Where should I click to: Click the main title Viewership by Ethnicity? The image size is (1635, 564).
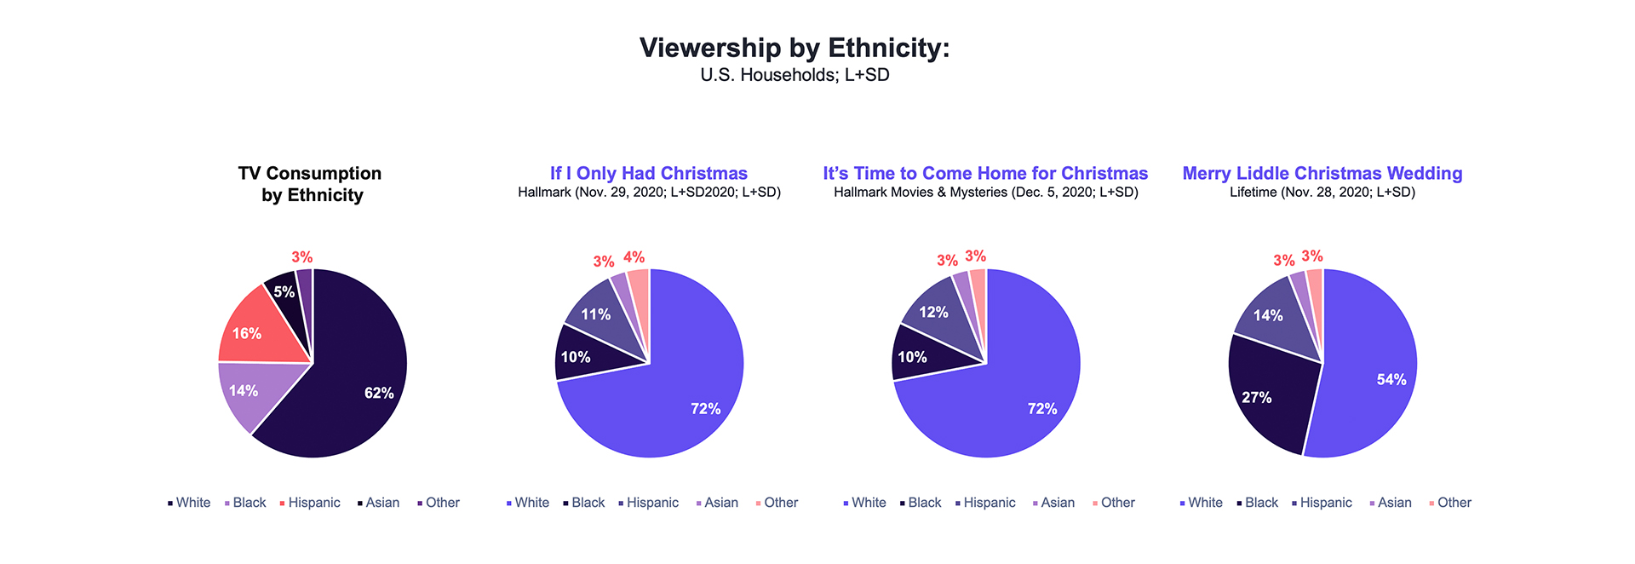794,48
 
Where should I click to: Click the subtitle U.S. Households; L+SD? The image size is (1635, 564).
794,75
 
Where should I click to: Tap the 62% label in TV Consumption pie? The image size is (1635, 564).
379,393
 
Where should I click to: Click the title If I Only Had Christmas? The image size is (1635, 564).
648,174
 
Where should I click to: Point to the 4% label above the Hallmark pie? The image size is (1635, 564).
634,257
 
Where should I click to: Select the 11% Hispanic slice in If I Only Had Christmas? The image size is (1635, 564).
600,317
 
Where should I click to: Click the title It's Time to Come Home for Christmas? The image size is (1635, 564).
985,174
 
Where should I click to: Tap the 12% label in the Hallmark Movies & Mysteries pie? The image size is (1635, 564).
933,313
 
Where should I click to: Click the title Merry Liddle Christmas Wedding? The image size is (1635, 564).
1322,174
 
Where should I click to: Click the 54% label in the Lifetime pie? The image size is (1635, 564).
1391,380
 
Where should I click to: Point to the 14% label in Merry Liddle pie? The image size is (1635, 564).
1268,316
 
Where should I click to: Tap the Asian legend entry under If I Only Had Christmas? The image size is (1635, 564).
717,503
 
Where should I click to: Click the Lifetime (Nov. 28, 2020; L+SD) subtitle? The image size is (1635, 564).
1322,193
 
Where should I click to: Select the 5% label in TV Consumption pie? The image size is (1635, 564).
284,292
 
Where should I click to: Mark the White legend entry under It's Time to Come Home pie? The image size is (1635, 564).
864,503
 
